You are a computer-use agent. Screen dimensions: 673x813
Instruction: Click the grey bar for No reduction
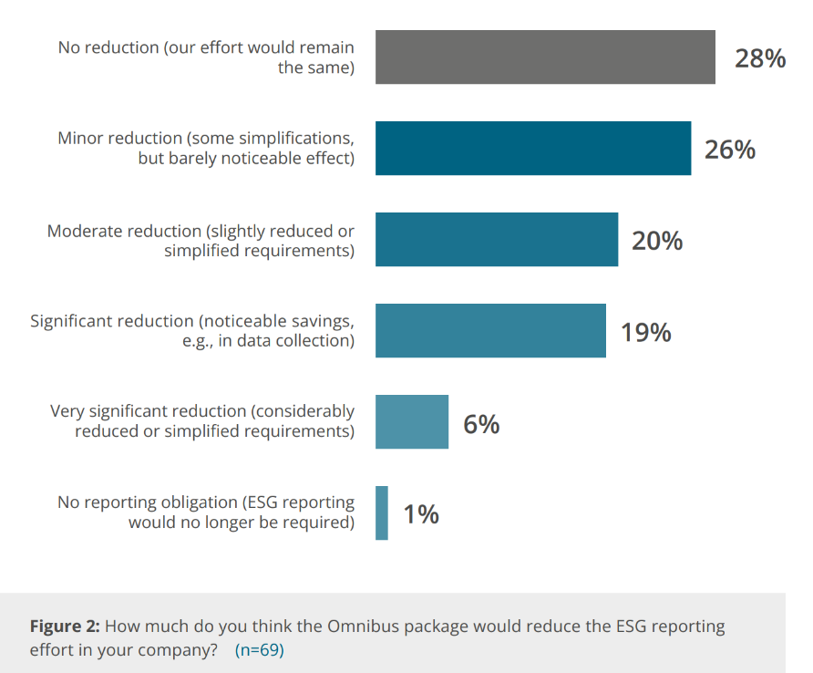[545, 57]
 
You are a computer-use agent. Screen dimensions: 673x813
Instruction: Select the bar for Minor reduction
[533, 149]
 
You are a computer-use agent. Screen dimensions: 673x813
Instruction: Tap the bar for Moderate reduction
[497, 240]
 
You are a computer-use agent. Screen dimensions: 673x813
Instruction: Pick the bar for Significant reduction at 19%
[490, 331]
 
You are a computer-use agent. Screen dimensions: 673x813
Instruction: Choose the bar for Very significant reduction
[412, 422]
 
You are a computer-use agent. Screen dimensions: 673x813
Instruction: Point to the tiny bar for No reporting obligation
[382, 513]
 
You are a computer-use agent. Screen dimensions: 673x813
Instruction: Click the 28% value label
[760, 58]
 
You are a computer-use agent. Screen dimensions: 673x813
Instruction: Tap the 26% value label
[729, 150]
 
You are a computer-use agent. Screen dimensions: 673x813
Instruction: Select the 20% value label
[657, 241]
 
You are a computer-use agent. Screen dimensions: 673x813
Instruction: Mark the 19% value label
[645, 332]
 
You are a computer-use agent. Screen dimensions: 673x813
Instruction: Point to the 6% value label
[481, 424]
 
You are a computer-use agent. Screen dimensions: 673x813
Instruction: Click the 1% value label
[421, 515]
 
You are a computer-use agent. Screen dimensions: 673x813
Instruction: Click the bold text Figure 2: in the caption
[66, 626]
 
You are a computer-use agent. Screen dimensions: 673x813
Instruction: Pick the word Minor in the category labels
[80, 139]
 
